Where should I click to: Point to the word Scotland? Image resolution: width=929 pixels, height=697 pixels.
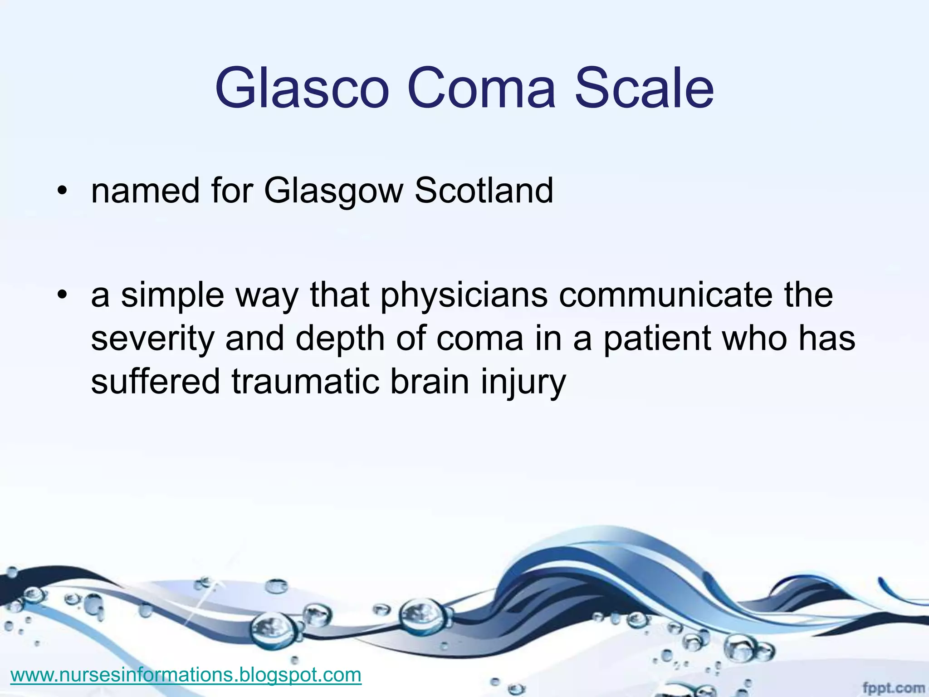484,190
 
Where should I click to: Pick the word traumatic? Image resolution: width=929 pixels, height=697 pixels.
305,382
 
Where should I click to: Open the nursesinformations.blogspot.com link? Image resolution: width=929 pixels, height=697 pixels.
186,675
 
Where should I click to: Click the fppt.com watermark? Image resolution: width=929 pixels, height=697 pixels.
893,688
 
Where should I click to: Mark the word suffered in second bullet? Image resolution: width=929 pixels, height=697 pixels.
156,382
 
